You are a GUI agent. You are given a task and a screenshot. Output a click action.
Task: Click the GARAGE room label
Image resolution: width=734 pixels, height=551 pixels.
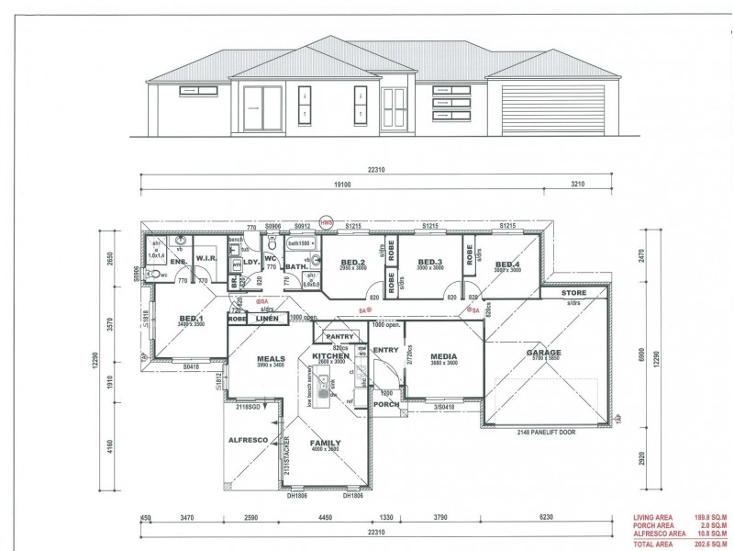pyautogui.click(x=543, y=353)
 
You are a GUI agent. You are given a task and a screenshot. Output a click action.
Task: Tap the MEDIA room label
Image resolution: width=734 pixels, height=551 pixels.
pyautogui.click(x=443, y=356)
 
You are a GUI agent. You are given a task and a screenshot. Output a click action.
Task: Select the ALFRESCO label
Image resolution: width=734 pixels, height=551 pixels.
pyautogui.click(x=248, y=441)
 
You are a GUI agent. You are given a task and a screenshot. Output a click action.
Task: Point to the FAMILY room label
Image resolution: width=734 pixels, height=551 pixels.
pyautogui.click(x=325, y=442)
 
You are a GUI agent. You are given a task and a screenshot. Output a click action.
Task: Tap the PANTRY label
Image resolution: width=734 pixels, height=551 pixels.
pyautogui.click(x=327, y=337)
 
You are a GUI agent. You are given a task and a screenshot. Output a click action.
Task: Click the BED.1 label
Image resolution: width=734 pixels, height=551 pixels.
pyautogui.click(x=191, y=319)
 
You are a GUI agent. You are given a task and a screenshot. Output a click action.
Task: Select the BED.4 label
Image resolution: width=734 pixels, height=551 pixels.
pyautogui.click(x=507, y=264)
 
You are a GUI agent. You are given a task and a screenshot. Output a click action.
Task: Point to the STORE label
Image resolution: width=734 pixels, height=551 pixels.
pyautogui.click(x=575, y=293)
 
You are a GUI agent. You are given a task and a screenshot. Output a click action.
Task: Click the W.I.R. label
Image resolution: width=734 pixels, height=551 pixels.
pyautogui.click(x=206, y=261)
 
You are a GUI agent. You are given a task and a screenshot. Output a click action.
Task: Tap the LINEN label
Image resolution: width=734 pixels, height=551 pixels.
pyautogui.click(x=242, y=318)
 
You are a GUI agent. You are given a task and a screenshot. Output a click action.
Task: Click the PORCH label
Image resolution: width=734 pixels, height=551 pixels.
pyautogui.click(x=386, y=404)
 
